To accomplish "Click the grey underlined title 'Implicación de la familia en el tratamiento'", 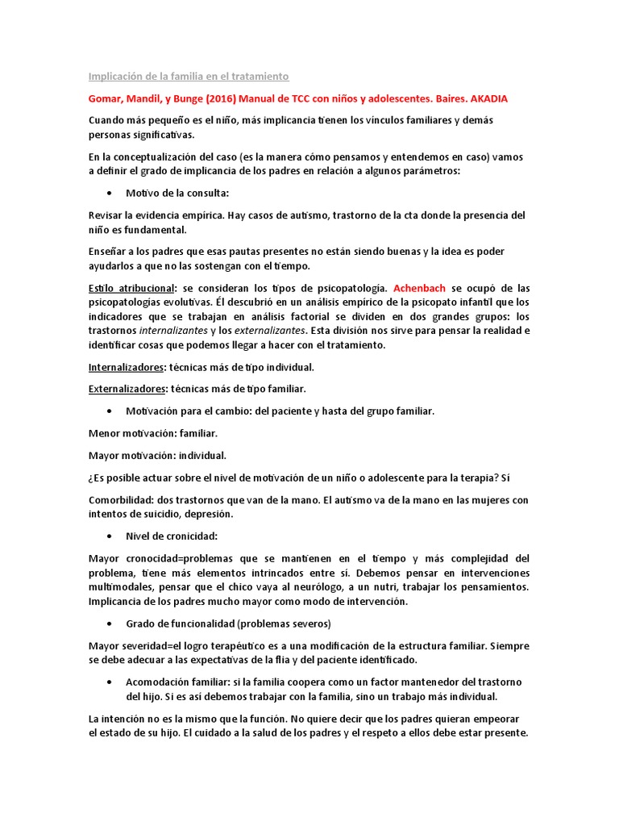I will click(x=188, y=77).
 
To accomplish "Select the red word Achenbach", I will click(x=419, y=288).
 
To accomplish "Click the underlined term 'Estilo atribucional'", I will click(x=131, y=288).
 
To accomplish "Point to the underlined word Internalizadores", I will click(x=126, y=367).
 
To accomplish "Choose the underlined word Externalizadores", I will click(x=127, y=389).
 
